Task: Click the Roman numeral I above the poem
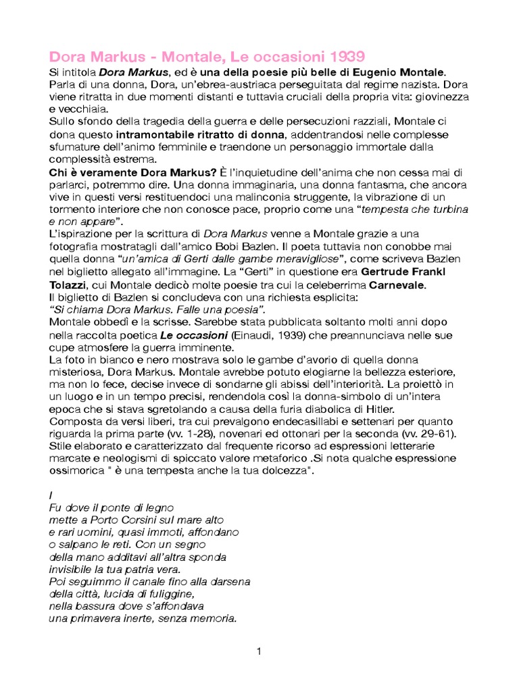coord(51,495)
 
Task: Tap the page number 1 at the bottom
coord(259,651)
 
